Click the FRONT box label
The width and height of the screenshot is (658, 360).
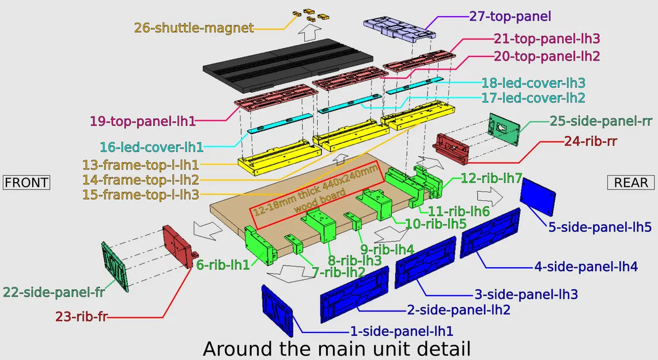click(27, 183)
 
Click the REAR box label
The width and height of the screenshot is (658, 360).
click(631, 183)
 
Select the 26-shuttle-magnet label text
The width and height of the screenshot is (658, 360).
click(194, 28)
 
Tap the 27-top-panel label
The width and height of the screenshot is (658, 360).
click(510, 16)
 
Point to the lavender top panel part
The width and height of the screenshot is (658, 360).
click(399, 27)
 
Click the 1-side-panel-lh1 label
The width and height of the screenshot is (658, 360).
click(402, 331)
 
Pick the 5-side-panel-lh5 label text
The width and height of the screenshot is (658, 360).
click(600, 227)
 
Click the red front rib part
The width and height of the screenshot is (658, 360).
click(178, 247)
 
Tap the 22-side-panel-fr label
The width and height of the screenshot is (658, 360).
click(54, 292)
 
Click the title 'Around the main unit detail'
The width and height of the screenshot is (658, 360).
click(336, 348)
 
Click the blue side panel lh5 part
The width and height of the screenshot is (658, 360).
click(538, 198)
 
